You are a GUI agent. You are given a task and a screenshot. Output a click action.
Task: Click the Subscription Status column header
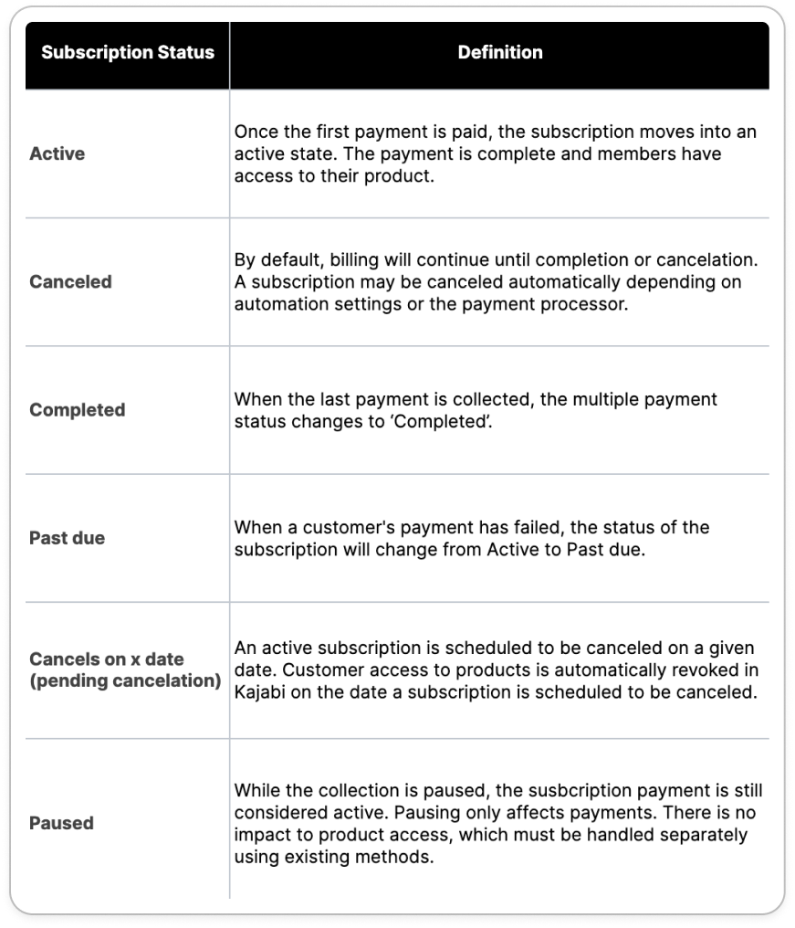(x=127, y=52)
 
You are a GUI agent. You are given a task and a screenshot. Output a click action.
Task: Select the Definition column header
(x=499, y=52)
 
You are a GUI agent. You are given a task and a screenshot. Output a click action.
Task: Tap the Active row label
(x=57, y=153)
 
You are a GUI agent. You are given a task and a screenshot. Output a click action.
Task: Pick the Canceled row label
(x=70, y=281)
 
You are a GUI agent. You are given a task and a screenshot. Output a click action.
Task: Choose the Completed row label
(x=77, y=410)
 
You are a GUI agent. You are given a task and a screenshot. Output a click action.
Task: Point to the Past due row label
(x=67, y=538)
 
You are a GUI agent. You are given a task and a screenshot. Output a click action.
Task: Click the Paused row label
(x=61, y=823)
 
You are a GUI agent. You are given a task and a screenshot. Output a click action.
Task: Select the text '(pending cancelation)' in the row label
(x=125, y=681)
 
